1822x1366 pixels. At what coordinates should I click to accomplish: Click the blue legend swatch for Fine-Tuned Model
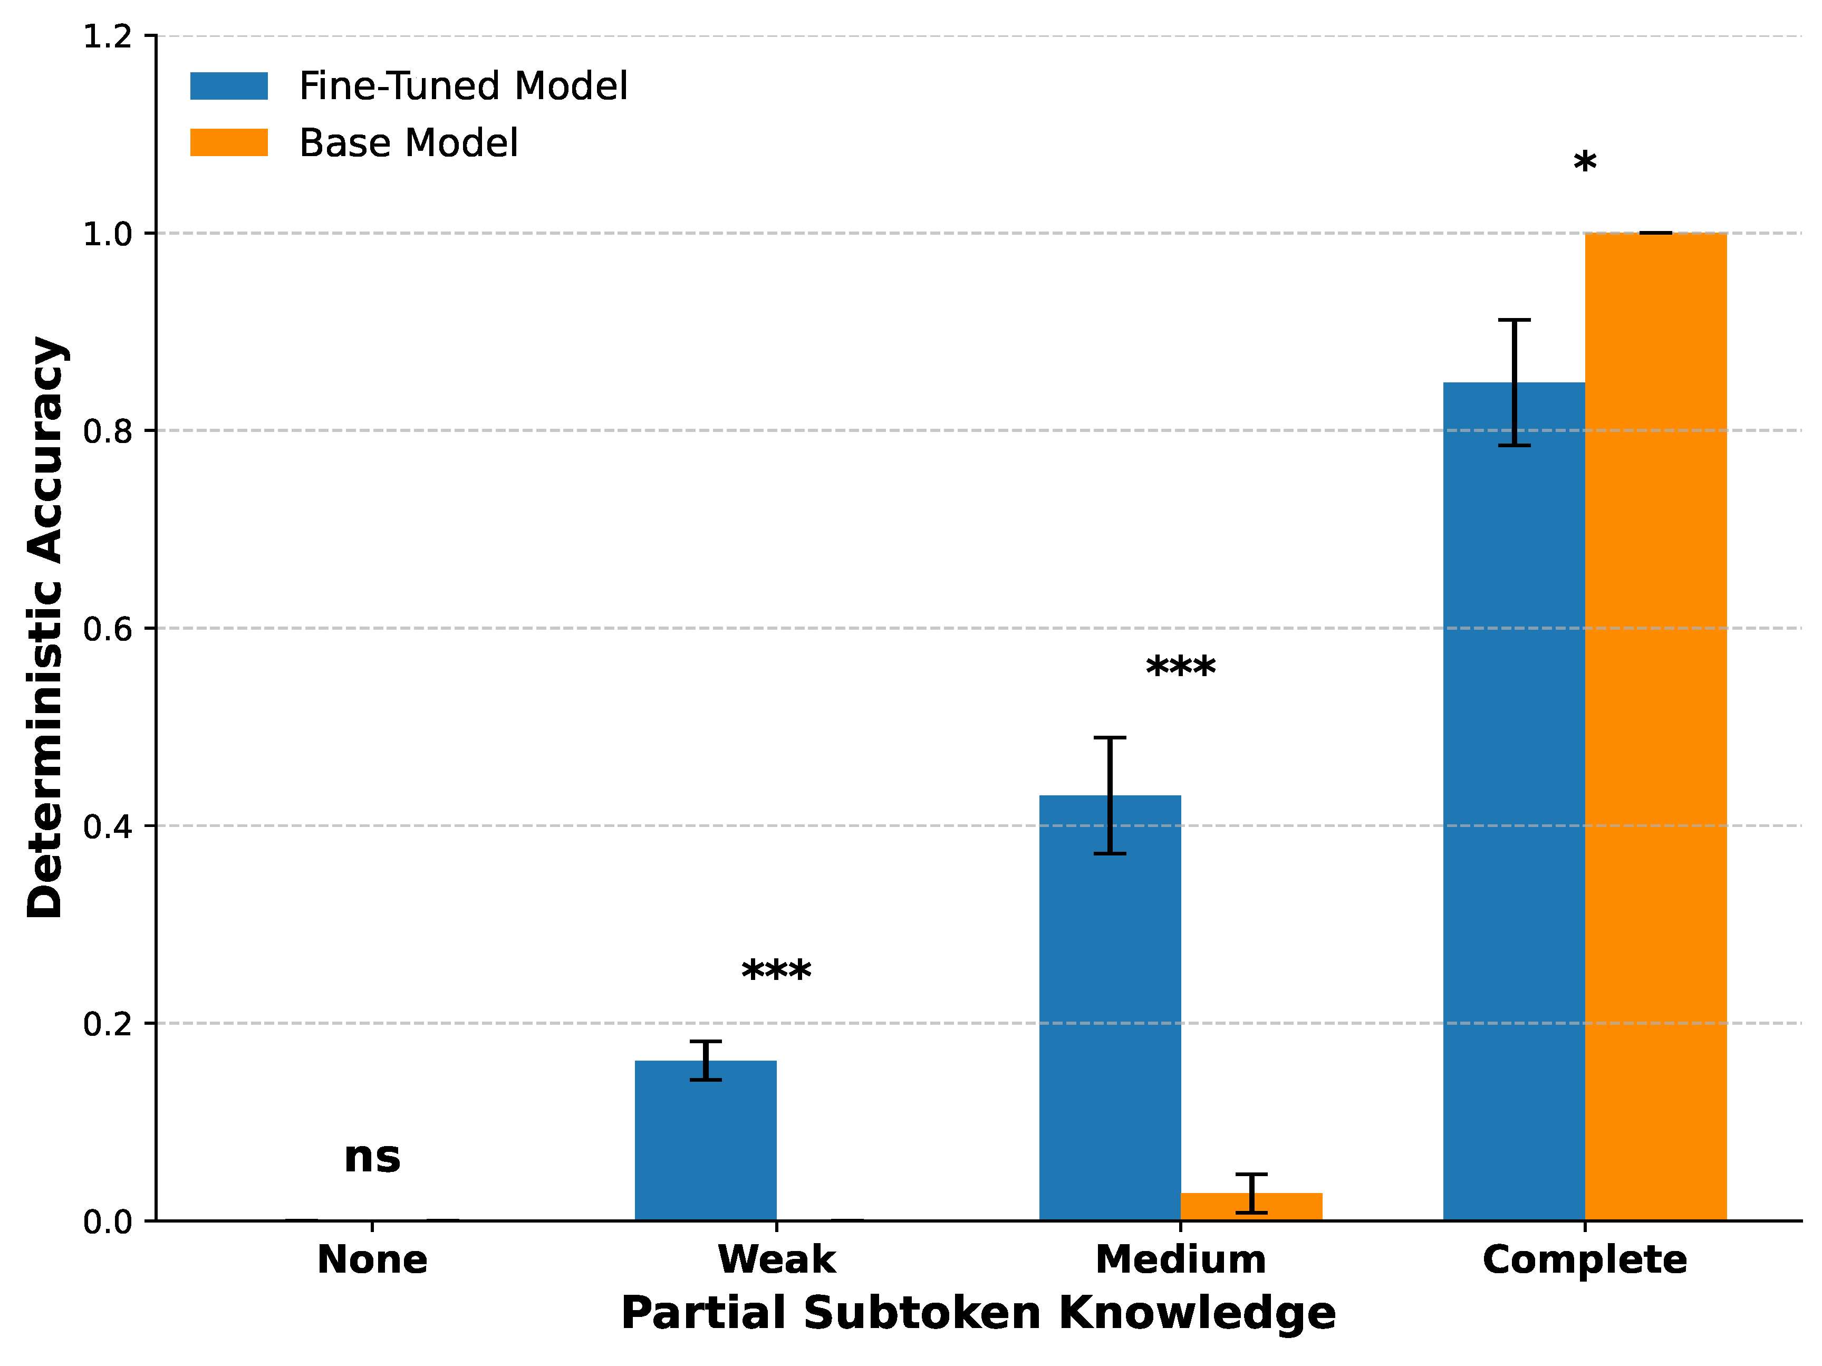(x=229, y=85)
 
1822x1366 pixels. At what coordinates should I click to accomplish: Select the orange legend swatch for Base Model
(x=229, y=142)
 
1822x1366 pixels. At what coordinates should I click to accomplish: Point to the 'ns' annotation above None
(x=372, y=1158)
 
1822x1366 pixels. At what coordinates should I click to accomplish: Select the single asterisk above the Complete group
(x=1584, y=162)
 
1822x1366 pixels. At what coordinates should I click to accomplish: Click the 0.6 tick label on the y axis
(x=107, y=629)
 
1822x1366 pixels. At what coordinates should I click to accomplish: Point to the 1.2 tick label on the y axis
(x=107, y=36)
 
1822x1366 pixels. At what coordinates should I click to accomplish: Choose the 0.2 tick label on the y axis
(x=107, y=1023)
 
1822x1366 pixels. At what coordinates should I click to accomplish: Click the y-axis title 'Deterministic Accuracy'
(x=45, y=627)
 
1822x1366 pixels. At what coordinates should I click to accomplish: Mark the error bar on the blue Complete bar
(x=1514, y=382)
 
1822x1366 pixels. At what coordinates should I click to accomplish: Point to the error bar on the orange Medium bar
(x=1251, y=1193)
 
